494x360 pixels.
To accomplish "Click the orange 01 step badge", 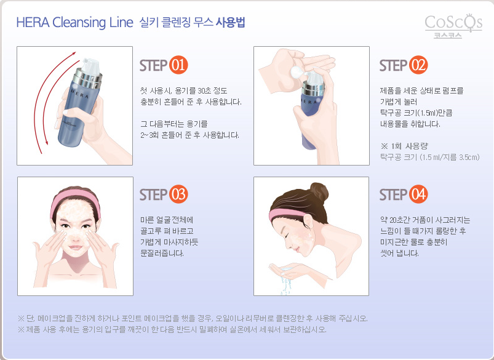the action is click(178, 65).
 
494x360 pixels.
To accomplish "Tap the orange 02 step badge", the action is click(418, 65).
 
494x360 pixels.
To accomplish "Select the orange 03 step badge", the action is click(178, 194).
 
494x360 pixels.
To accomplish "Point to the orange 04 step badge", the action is click(418, 194).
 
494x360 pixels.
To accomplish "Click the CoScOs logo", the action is click(453, 26).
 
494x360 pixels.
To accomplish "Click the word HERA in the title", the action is click(33, 23).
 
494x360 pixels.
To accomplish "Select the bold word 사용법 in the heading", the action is click(230, 22).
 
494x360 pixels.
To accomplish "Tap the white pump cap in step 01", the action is click(92, 66).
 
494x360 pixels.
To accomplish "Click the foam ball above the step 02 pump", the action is click(297, 73).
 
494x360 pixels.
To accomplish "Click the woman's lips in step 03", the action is click(75, 247).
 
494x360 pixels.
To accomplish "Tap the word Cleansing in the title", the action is click(79, 23).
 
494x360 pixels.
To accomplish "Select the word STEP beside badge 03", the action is click(153, 195).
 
